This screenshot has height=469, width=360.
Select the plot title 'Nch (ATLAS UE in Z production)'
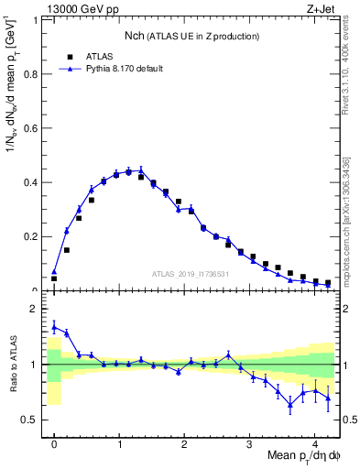click(191, 36)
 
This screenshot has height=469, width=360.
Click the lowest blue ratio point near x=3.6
click(289, 403)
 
